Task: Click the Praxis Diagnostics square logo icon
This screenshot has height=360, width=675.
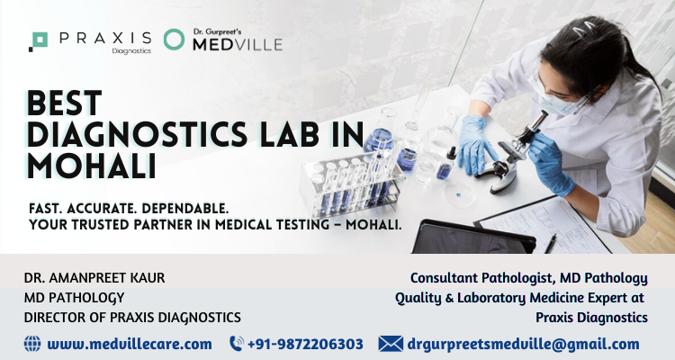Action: (39, 41)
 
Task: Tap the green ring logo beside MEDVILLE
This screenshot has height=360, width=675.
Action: (174, 40)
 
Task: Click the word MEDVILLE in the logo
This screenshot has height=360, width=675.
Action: (238, 44)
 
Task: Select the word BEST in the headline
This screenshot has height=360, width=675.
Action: (65, 103)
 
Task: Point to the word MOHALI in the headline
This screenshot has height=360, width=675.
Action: (91, 166)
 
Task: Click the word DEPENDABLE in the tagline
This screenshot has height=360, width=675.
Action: (185, 209)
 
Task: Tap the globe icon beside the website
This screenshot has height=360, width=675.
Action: (32, 344)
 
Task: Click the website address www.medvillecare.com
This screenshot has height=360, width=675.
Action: (130, 344)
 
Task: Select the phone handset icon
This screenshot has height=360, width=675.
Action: (237, 344)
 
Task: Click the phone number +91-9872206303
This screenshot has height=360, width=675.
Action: (305, 344)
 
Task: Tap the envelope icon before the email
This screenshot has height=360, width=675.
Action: (391, 344)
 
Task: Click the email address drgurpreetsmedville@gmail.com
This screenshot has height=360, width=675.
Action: (523, 345)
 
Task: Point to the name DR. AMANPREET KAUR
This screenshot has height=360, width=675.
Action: (94, 278)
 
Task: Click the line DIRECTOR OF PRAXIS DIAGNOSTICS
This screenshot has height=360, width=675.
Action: (132, 318)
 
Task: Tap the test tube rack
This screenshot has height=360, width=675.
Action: (351, 183)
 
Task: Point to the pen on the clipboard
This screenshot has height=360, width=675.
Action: (550, 243)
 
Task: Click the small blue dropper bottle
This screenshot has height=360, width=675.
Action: (446, 166)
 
